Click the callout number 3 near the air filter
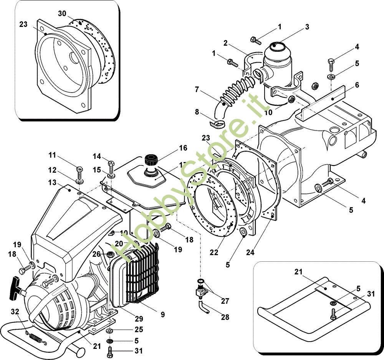[307, 27]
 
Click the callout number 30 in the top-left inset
[62, 13]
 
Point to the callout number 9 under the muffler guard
[162, 314]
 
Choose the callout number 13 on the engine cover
[52, 182]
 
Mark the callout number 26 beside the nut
[96, 254]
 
